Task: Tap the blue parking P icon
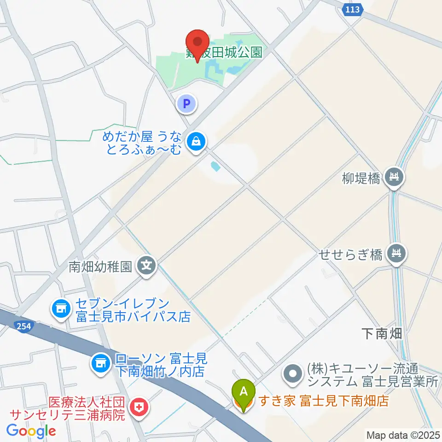187,104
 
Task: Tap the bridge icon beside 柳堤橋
394,176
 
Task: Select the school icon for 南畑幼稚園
147,266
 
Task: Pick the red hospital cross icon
137,407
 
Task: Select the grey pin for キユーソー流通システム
293,372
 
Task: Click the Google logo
31,431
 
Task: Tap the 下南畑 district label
382,334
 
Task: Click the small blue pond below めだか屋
215,166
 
